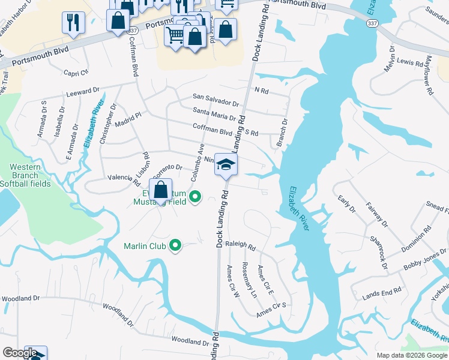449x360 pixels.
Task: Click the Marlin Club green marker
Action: click(175, 245)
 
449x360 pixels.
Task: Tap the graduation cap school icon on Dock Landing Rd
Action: click(226, 165)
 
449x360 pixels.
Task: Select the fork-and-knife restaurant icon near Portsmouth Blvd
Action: click(73, 23)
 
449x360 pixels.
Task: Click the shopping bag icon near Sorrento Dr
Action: click(160, 190)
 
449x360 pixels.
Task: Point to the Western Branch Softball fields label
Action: click(25, 175)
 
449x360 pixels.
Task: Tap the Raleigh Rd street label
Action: click(240, 247)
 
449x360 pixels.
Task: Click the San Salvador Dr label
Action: click(215, 96)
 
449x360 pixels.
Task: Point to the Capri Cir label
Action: click(76, 73)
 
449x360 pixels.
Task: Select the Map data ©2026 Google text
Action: click(412, 355)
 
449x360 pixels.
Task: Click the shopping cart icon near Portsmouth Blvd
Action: click(175, 34)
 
